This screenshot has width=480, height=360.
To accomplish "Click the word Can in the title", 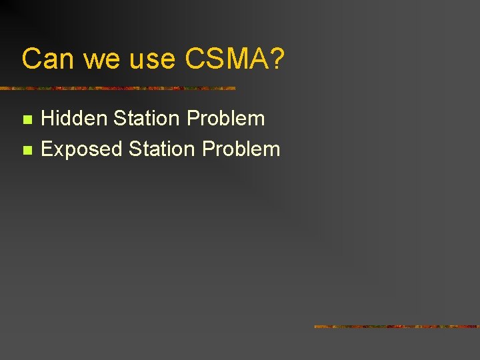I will coord(49,59).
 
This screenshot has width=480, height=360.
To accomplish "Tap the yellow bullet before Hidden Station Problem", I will coord(27,120).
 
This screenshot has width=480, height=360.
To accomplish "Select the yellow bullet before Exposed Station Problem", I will coord(27,150).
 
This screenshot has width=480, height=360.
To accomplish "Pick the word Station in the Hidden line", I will coord(147,119).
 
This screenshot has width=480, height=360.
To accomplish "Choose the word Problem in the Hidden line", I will coord(226,119).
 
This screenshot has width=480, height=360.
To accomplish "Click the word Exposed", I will coord(82,149).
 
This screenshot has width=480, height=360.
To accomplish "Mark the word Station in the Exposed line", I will coord(162,149).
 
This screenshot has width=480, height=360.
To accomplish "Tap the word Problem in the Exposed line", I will coord(241,149).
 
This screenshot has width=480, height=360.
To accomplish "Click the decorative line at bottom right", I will coord(397,327).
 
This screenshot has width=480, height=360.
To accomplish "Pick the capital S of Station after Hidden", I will coord(120,119).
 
